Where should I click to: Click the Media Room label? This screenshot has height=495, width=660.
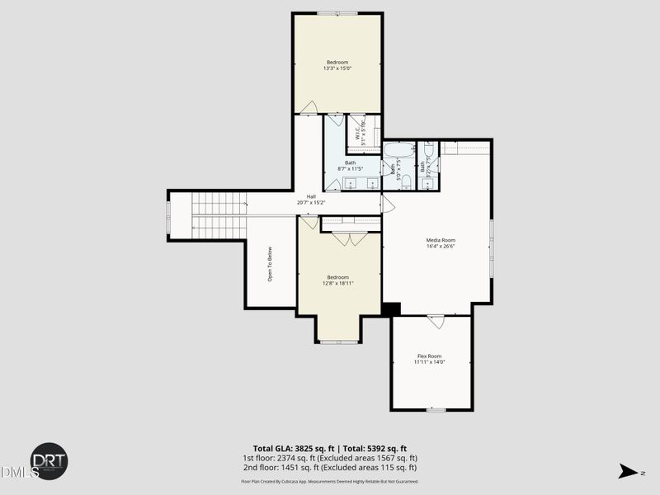441,240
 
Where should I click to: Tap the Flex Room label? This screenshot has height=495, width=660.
429,356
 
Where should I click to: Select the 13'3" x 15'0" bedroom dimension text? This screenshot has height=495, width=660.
337,68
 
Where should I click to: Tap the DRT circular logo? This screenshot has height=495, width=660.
49,461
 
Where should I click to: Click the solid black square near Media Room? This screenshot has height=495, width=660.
391,309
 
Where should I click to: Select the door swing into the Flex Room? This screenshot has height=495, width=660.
435,320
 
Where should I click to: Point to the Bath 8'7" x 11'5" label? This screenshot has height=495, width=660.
351,166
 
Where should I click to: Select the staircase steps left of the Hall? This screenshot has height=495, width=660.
219,216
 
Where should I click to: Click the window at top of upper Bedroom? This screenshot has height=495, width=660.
337,13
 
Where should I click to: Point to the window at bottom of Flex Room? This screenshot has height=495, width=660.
436,409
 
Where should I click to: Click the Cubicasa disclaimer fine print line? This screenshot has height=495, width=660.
329,481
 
